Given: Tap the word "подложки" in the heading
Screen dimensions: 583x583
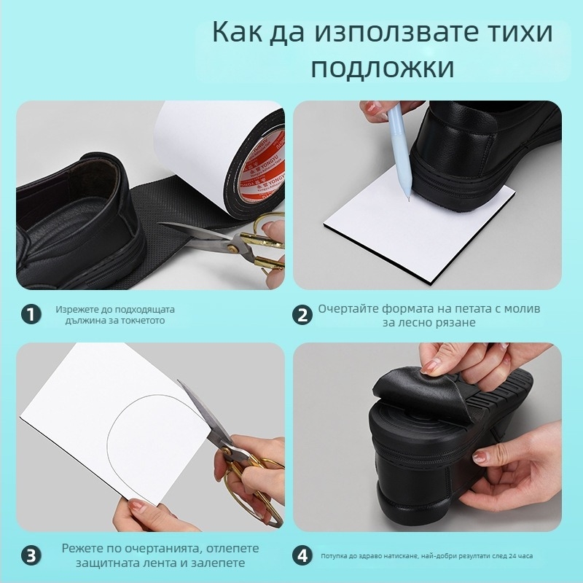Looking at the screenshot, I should pos(382,68).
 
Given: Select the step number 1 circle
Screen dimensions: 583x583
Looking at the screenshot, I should pos(30,315).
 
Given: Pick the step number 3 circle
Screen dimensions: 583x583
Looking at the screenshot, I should pos(30,555).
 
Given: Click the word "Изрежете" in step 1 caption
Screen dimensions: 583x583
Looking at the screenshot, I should pos(75,309).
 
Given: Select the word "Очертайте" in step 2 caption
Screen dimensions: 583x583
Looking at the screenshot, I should pos(349,309).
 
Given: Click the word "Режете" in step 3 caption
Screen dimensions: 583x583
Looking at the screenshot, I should pos(82,548).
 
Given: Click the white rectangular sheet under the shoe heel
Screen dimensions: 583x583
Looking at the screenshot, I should pos(394,240).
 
